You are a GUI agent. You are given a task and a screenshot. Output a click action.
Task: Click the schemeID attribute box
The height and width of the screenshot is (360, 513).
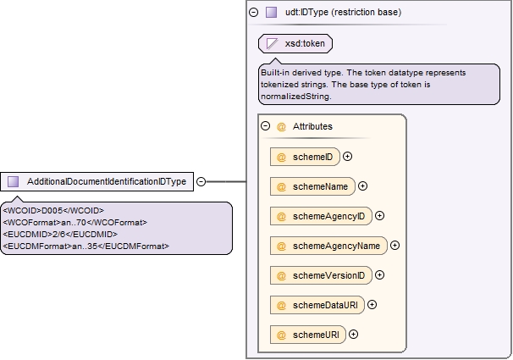click(305, 157)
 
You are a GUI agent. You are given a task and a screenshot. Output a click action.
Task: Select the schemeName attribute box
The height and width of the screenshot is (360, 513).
click(312, 186)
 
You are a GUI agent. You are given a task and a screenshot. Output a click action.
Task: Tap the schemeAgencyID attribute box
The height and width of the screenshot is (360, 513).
click(321, 216)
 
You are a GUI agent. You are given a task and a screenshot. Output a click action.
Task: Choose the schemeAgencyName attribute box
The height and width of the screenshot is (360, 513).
click(328, 246)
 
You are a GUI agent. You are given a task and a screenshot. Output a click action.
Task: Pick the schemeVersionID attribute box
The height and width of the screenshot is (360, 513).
click(321, 275)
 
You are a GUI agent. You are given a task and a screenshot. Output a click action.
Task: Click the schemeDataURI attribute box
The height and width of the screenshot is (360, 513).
click(317, 305)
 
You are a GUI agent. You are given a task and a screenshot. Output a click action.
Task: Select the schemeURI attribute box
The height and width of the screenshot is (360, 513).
click(308, 335)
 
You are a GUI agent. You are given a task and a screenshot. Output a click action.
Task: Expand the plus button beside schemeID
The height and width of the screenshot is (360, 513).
click(347, 157)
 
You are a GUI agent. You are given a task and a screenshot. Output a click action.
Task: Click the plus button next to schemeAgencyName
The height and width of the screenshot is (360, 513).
click(394, 246)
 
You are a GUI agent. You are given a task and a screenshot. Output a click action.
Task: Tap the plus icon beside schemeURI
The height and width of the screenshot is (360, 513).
click(353, 334)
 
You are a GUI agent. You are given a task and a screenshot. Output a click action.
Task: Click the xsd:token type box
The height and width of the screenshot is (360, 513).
click(295, 43)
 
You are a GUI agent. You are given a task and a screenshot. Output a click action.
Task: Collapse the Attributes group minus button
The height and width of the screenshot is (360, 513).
click(265, 126)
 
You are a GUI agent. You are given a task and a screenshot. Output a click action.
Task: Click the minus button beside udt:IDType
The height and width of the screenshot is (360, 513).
click(254, 13)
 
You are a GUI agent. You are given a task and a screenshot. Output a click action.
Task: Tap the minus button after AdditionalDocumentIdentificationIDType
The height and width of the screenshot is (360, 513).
click(201, 181)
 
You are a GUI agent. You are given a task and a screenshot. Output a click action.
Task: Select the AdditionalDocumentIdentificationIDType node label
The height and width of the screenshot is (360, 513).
click(107, 181)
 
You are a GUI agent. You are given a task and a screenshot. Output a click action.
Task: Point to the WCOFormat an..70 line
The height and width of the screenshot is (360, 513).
click(75, 223)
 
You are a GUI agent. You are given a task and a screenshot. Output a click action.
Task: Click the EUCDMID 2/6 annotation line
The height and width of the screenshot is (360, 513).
click(60, 235)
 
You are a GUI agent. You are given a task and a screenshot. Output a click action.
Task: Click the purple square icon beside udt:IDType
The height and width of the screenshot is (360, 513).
click(271, 13)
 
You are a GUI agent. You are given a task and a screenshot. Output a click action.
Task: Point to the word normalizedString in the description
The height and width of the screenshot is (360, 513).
click(295, 97)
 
